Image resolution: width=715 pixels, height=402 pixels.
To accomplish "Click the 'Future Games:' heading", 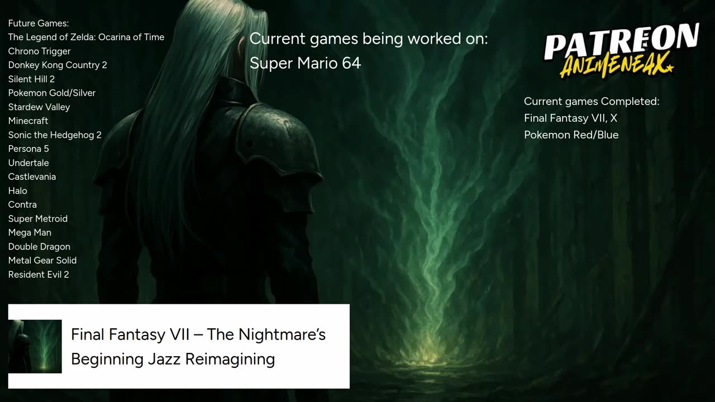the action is (x=39, y=23).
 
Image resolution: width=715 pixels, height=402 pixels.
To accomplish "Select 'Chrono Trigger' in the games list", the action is (x=39, y=51).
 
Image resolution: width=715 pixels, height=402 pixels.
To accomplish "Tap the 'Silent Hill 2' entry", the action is (x=31, y=79).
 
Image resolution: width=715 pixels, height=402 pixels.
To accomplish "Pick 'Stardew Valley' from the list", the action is (x=39, y=107).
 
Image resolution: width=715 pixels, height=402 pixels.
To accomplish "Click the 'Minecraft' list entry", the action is (x=28, y=121).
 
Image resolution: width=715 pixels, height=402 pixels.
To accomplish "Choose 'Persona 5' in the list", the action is (x=28, y=149).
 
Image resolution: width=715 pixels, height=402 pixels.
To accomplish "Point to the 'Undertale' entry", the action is (x=28, y=163).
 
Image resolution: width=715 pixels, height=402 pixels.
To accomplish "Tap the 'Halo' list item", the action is (x=17, y=191).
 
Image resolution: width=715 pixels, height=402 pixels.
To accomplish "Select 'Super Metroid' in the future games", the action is (x=37, y=219).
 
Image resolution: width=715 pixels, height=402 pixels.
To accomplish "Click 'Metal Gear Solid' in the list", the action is (x=42, y=261).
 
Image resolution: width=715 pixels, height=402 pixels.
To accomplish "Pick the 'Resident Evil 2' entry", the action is (x=39, y=275).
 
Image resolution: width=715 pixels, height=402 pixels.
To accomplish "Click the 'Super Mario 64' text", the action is (x=305, y=63).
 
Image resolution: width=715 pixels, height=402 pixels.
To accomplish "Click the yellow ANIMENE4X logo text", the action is (x=617, y=65).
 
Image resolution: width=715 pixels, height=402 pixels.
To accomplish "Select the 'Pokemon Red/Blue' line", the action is (x=571, y=135).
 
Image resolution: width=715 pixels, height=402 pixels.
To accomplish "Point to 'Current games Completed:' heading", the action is (x=592, y=102).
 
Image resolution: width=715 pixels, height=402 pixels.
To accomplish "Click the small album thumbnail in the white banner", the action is (x=35, y=347).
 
